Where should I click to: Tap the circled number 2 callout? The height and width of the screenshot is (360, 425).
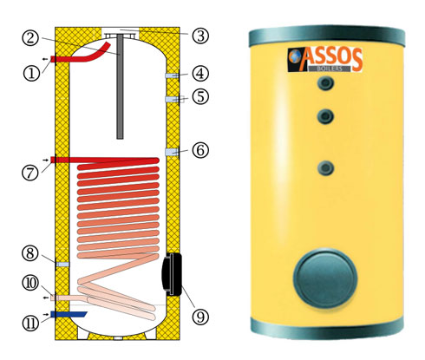click(30, 38)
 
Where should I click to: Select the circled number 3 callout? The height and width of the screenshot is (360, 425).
click(200, 36)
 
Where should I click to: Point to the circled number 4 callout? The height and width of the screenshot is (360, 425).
click(200, 74)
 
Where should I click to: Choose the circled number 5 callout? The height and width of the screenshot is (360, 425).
click(200, 96)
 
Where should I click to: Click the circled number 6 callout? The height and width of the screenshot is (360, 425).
click(200, 150)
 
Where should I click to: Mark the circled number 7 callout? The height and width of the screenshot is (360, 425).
click(30, 173)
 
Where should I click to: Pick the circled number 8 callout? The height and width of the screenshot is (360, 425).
click(30, 253)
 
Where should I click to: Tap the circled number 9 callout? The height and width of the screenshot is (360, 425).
click(200, 316)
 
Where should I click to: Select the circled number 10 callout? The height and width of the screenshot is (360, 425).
click(30, 283)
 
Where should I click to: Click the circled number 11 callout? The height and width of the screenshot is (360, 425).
click(30, 323)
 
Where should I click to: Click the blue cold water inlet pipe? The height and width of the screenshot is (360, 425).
click(69, 314)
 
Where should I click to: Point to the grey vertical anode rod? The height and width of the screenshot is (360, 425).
click(120, 86)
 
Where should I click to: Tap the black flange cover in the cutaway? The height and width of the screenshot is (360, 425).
click(172, 274)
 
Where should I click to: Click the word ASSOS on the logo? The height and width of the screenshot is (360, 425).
click(332, 59)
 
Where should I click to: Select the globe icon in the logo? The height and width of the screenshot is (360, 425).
click(295, 56)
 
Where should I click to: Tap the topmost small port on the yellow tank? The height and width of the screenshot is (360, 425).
click(325, 83)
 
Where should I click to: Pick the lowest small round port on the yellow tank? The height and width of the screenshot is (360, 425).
click(325, 168)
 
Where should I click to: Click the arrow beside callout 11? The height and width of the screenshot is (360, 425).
click(45, 314)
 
